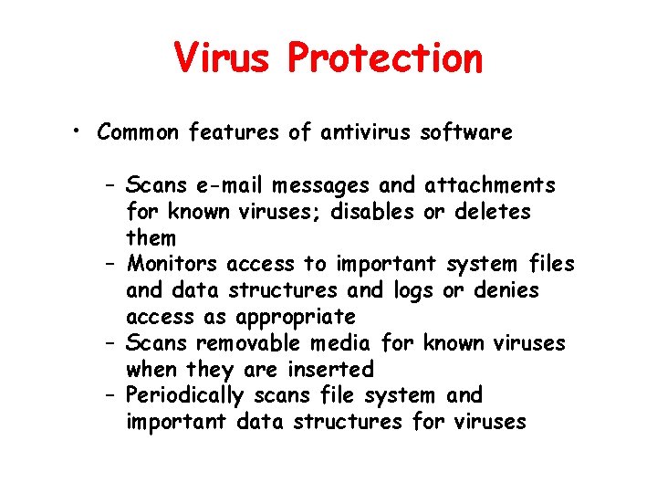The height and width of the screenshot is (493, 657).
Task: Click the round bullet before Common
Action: (81, 131)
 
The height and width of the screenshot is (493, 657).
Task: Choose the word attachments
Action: (490, 185)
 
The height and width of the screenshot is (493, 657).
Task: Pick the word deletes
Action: (492, 212)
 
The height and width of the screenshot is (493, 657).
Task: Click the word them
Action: (151, 238)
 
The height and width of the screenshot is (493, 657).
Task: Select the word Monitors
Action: (173, 265)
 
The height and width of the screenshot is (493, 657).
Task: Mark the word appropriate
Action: (295, 318)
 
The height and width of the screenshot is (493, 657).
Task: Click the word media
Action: (343, 343)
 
